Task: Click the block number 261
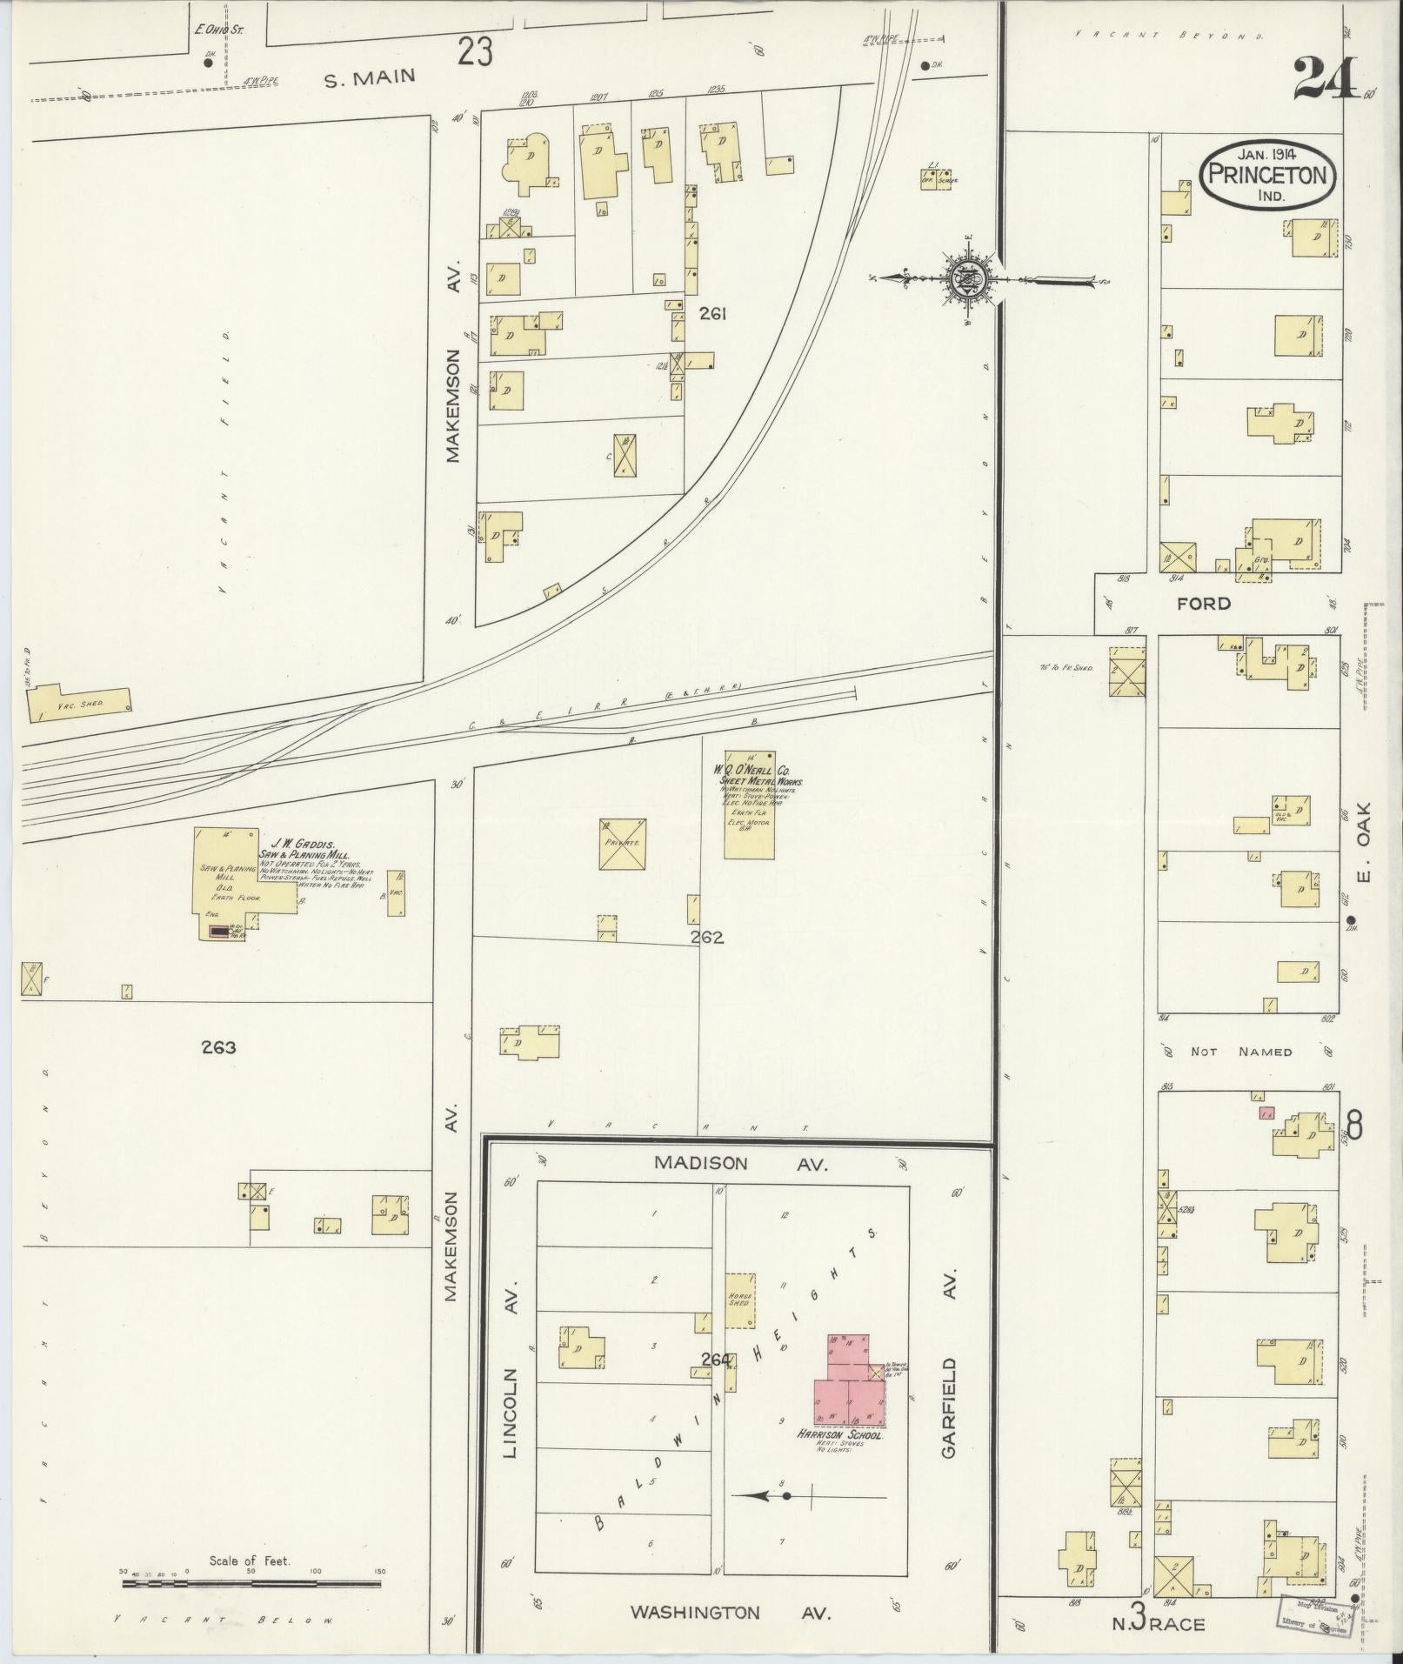click(712, 314)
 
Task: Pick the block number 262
click(706, 938)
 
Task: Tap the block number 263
click(217, 1047)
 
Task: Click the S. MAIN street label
click(370, 79)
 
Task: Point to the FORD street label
click(1204, 603)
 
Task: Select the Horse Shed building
click(740, 1301)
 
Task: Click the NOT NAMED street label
click(1240, 1052)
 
